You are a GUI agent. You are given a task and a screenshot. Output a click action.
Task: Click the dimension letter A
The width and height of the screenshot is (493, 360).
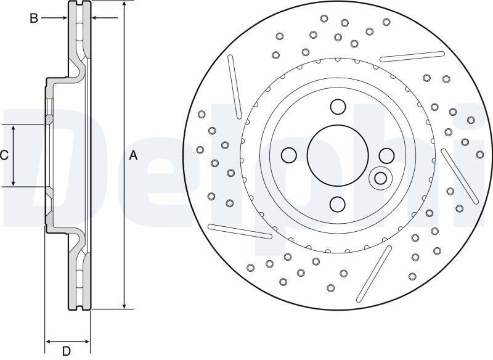(x=134, y=155)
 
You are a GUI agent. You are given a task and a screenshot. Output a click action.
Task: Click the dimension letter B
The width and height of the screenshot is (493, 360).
(x=34, y=18)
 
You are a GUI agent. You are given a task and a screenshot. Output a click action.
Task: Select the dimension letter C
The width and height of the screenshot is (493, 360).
(x=4, y=155)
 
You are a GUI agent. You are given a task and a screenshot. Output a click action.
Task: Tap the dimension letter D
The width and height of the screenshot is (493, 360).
(x=66, y=351)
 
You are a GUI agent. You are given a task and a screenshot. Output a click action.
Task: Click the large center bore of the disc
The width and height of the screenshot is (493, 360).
(x=338, y=155)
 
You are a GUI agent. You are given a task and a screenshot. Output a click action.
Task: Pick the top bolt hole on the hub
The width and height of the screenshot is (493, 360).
(x=338, y=107)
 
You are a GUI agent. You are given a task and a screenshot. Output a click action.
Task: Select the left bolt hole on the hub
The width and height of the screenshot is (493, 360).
(x=289, y=155)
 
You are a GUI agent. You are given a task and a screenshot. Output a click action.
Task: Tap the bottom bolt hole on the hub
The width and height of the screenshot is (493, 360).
(x=338, y=204)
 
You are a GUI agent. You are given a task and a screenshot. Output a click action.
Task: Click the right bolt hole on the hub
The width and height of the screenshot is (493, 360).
(x=387, y=155)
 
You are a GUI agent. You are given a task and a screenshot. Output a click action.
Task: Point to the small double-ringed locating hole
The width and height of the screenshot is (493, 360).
(x=380, y=178)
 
